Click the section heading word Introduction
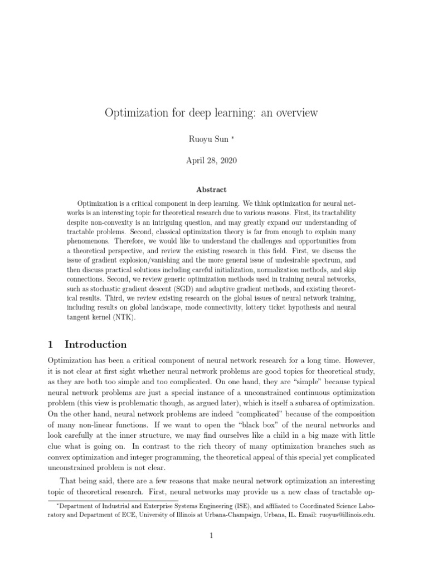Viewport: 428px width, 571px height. tap(96, 344)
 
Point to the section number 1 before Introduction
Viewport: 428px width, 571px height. tap(52, 344)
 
